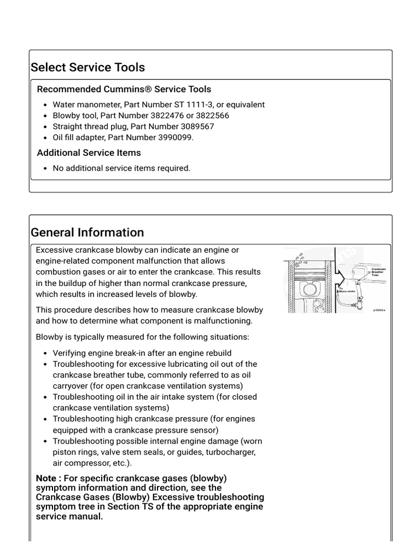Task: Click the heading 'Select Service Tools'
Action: [87, 67]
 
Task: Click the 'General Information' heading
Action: [87, 232]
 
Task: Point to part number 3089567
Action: [197, 126]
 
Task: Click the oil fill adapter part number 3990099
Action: [175, 137]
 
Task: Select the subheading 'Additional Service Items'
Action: [89, 153]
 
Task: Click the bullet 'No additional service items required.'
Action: [121, 168]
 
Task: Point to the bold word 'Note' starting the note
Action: [46, 479]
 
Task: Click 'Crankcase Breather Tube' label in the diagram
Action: [378, 272]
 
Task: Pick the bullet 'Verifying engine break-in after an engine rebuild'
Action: [142, 353]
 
